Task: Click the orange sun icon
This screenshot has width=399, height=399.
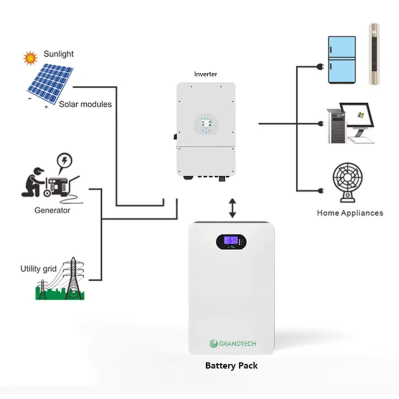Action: click(30, 58)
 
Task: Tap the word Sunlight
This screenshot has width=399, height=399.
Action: click(58, 54)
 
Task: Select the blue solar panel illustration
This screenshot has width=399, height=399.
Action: click(50, 84)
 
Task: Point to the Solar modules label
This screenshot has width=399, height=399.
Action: click(85, 104)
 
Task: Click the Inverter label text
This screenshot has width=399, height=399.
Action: click(205, 74)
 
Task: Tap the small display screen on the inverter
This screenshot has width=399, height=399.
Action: click(206, 122)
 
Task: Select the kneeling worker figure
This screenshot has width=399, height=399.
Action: click(32, 182)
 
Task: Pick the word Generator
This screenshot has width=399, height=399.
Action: click(52, 210)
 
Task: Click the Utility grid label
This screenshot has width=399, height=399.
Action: click(38, 269)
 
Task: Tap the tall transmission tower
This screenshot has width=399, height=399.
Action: click(74, 278)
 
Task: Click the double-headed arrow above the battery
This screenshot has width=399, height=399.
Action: click(232, 208)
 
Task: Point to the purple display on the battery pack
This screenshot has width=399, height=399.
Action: click(231, 240)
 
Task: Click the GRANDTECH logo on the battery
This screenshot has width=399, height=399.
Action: click(233, 344)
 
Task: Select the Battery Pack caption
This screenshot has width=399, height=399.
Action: click(231, 366)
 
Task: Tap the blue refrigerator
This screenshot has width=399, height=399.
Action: click(342, 60)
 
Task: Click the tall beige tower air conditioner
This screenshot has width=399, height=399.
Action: click(375, 54)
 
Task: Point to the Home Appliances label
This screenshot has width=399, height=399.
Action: click(350, 213)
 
